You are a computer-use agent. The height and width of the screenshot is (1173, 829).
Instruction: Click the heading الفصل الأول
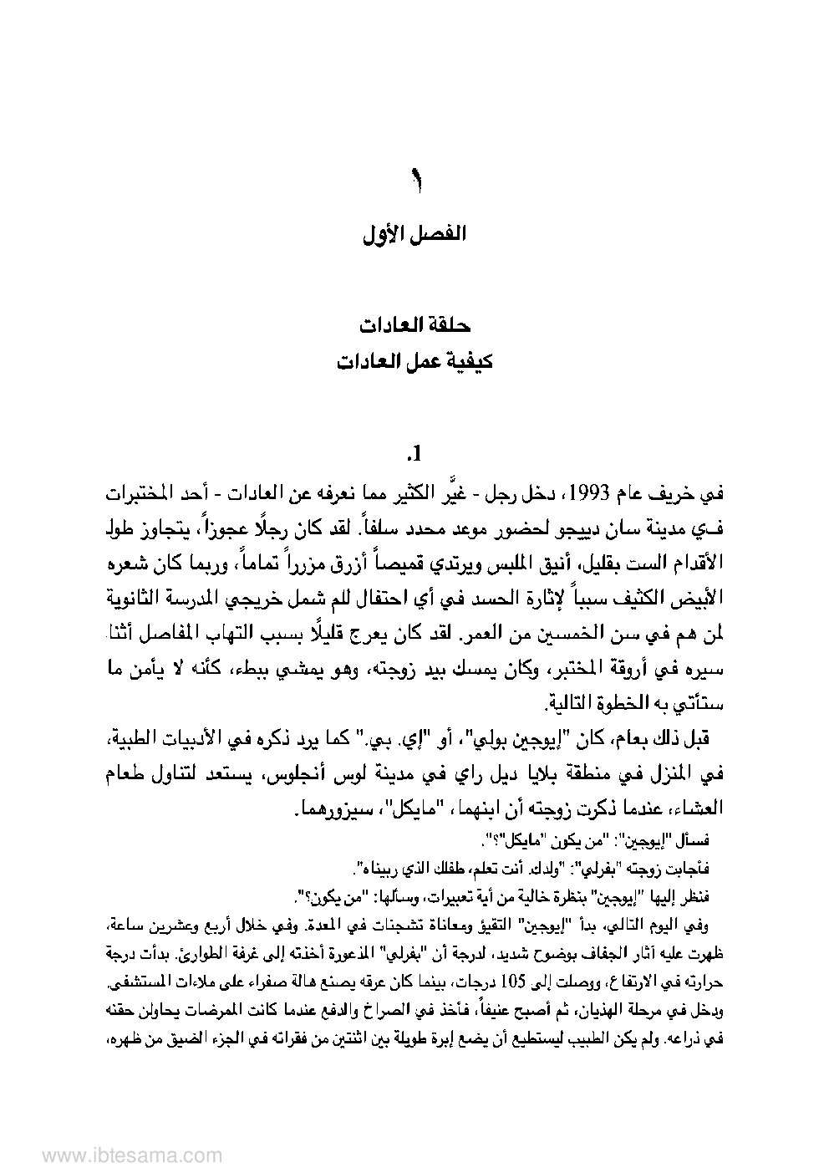point(414,235)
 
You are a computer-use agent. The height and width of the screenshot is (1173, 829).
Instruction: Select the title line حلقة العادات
point(414,324)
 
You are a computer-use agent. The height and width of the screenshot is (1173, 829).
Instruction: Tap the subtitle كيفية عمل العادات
point(414,363)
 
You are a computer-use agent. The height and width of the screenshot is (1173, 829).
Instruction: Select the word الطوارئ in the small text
point(188,953)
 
